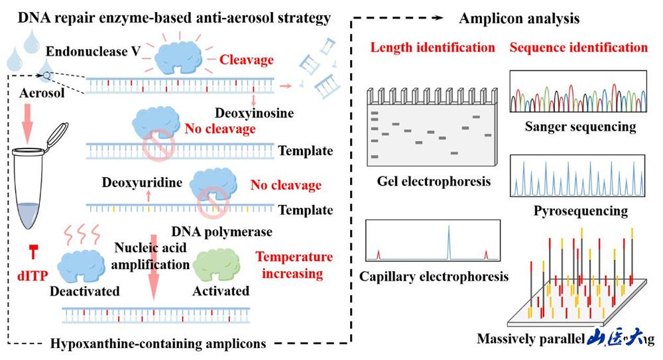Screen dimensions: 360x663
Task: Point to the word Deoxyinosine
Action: click(x=255, y=114)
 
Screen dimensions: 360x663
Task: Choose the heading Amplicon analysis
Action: click(x=519, y=19)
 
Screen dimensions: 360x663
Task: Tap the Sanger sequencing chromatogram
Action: click(x=577, y=93)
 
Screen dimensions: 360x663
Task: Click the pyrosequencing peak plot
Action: click(x=577, y=176)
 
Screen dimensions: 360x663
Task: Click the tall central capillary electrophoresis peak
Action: click(x=448, y=242)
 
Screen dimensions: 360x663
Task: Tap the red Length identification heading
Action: click(x=432, y=48)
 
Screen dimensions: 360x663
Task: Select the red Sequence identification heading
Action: click(x=578, y=48)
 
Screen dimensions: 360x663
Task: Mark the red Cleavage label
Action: click(x=247, y=60)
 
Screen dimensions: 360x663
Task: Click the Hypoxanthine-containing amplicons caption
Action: click(x=158, y=343)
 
